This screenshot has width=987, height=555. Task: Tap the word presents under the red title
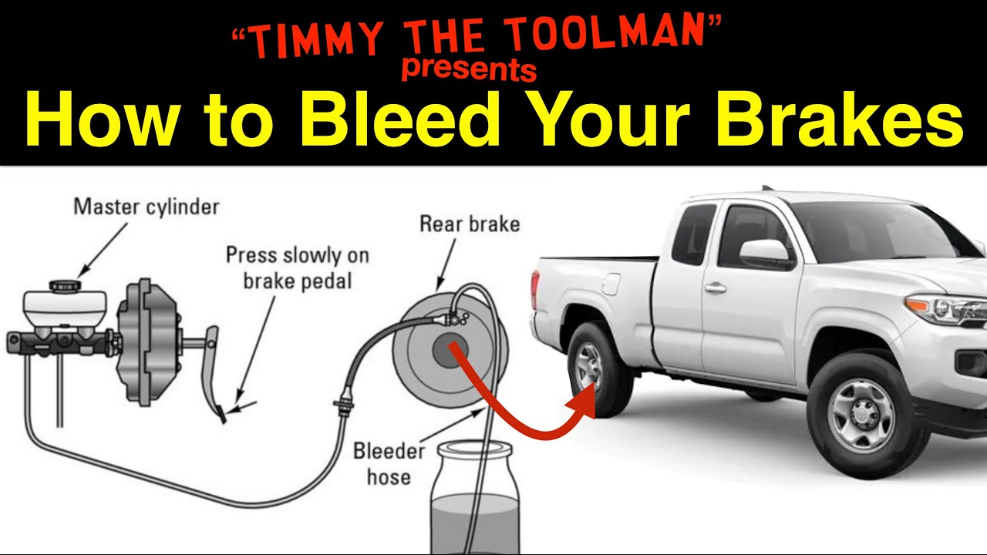point(470,69)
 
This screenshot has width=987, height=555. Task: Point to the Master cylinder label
point(147,207)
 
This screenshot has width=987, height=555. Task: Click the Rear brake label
point(470,224)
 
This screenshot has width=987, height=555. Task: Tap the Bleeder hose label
point(389,464)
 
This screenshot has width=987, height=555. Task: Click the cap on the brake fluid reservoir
point(66,285)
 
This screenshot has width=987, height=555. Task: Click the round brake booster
point(147,341)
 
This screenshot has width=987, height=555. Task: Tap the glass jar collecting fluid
point(475,498)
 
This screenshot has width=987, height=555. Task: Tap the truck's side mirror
point(765,253)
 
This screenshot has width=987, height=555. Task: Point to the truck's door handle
point(715,288)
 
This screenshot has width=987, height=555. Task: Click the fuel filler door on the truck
point(611,284)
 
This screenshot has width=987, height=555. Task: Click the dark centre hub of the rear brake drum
point(450,350)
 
